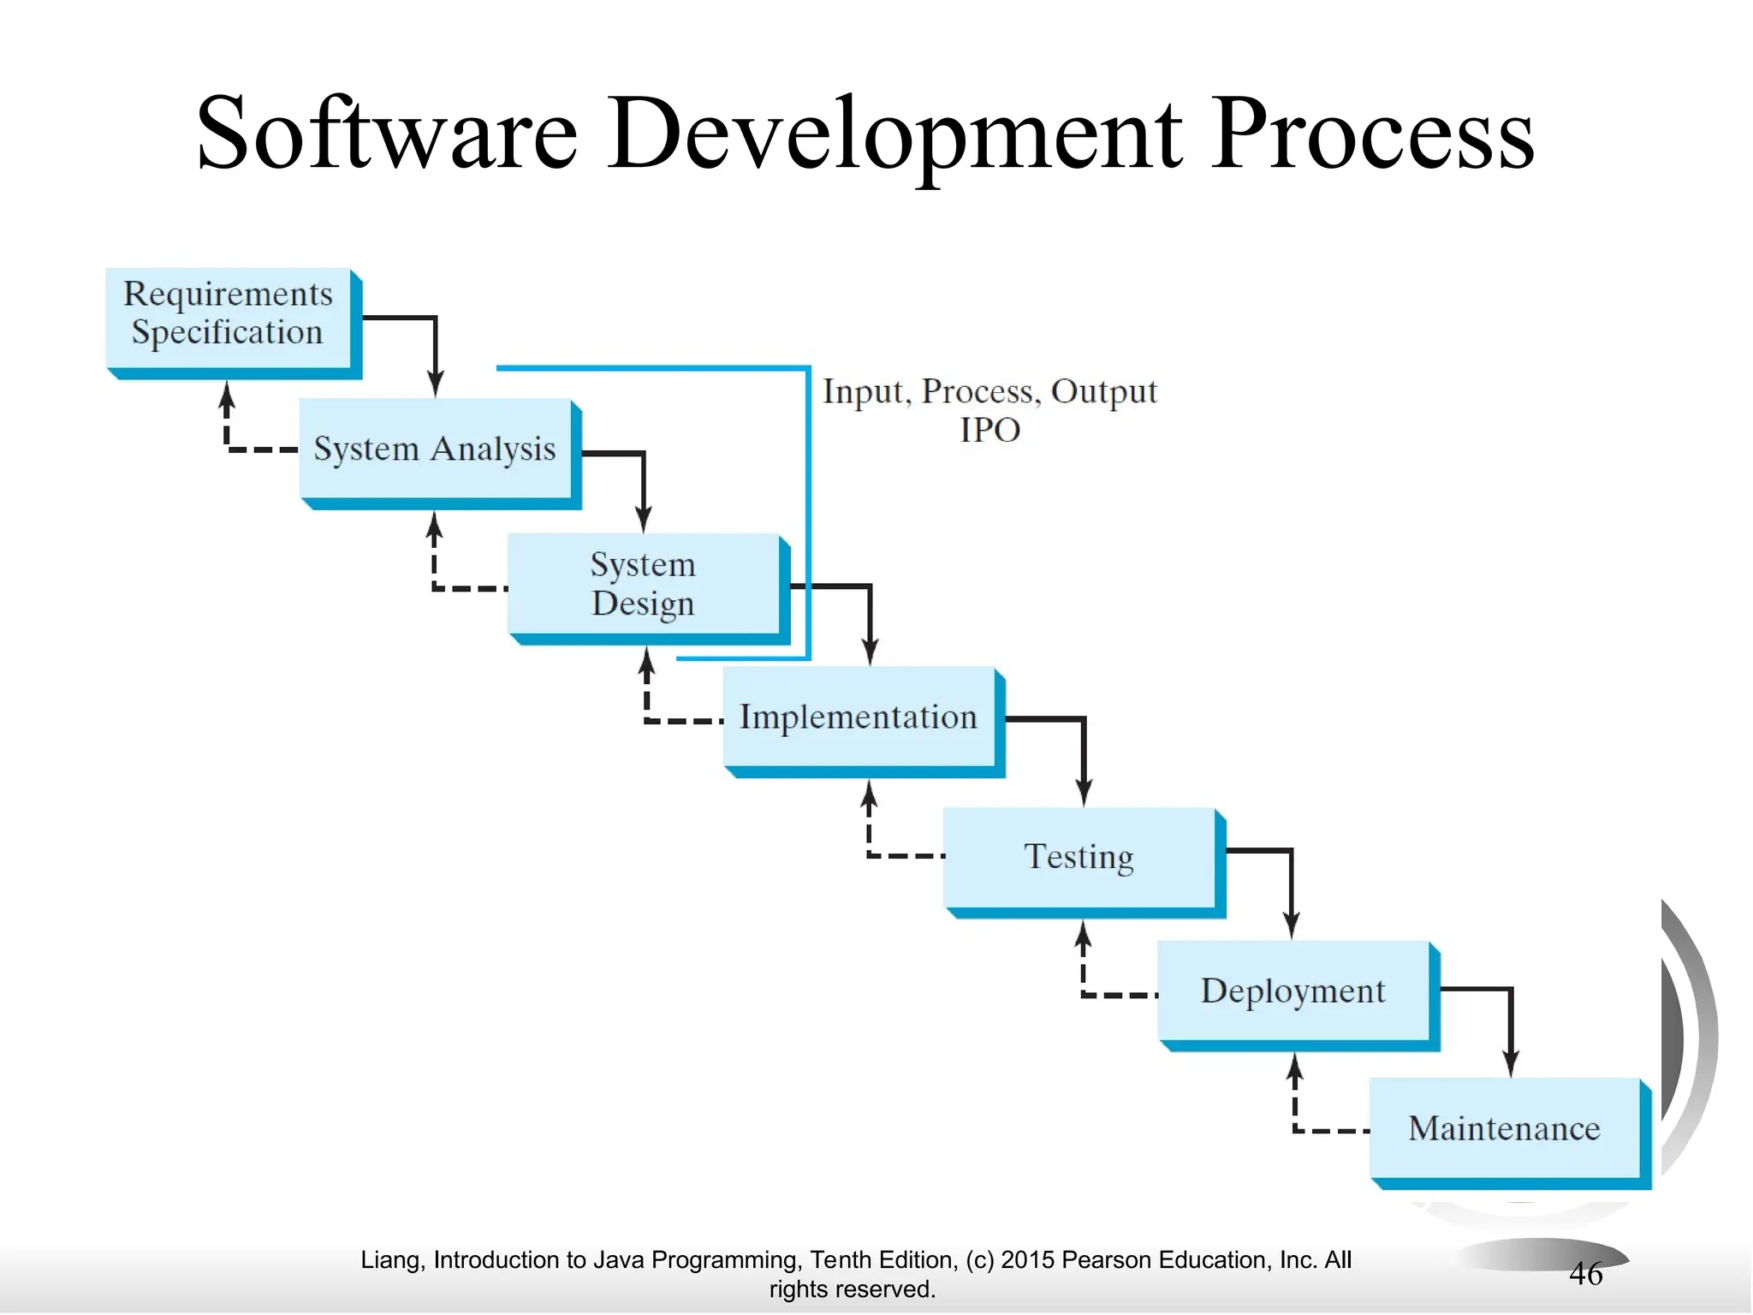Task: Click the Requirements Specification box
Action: click(228, 318)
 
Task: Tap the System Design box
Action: click(643, 584)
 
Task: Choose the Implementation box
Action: click(859, 717)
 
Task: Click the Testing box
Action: click(1079, 857)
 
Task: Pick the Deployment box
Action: click(1292, 991)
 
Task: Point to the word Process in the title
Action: click(1373, 135)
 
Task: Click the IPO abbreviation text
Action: click(989, 430)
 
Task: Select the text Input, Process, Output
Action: click(989, 391)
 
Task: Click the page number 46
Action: click(1585, 1274)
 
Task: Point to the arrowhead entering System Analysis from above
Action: click(436, 385)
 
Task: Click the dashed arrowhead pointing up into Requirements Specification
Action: click(227, 394)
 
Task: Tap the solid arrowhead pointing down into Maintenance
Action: click(1511, 1064)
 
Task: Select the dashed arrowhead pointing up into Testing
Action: click(1083, 934)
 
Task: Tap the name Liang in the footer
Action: click(390, 1260)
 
